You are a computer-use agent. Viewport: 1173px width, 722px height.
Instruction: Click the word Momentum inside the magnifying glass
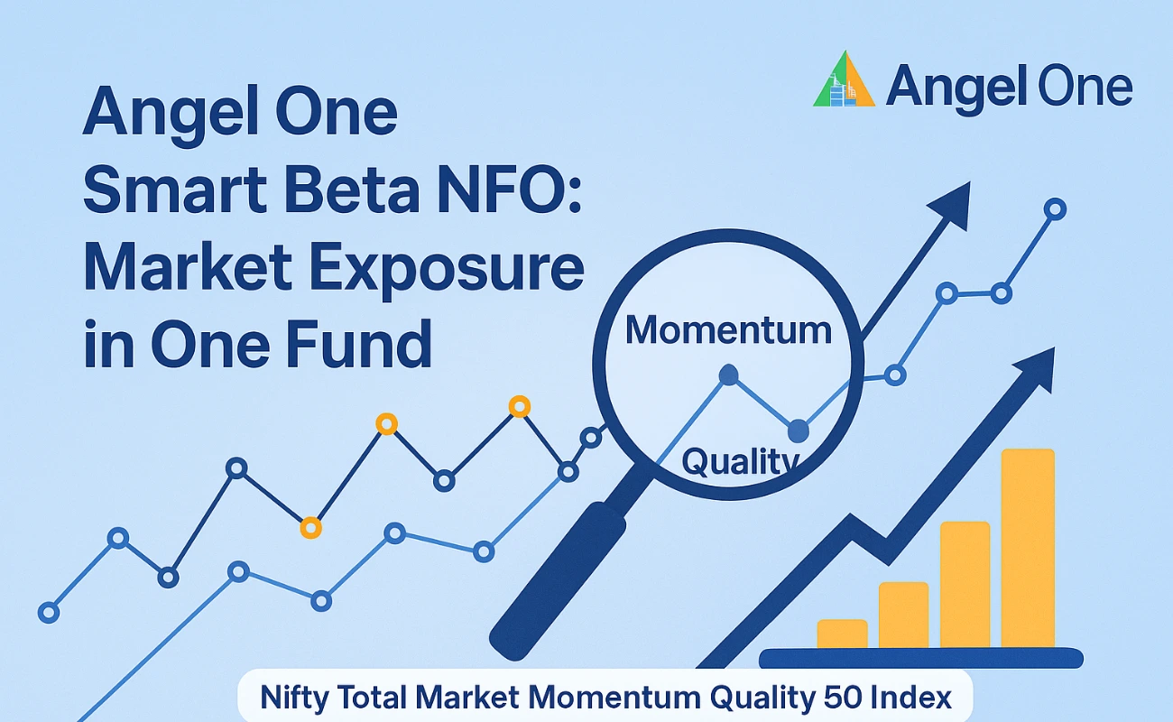pyautogui.click(x=728, y=330)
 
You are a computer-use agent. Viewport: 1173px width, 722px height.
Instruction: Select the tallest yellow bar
pyautogui.click(x=1028, y=548)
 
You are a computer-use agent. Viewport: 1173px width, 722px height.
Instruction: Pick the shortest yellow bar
pyautogui.click(x=842, y=634)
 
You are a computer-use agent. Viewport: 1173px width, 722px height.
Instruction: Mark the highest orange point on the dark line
pyautogui.click(x=519, y=406)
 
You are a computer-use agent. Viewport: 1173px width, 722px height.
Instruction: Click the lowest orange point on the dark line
pyautogui.click(x=310, y=528)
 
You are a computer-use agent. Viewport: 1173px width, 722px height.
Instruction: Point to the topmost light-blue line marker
pyautogui.click(x=1055, y=209)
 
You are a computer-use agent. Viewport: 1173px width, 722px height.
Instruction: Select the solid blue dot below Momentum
pyautogui.click(x=728, y=375)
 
